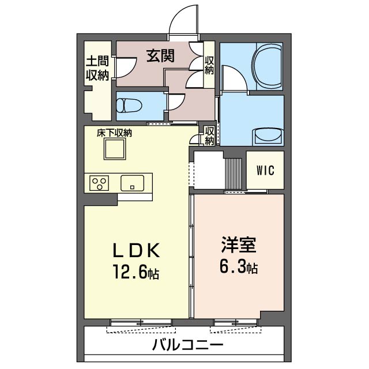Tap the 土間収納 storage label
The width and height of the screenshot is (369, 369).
[97, 67]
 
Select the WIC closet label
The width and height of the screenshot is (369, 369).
[265, 171]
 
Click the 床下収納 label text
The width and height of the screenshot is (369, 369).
[114, 133]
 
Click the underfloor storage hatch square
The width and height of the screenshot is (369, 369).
[114, 150]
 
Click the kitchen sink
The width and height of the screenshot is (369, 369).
[132, 183]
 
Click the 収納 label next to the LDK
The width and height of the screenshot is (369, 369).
[210, 136]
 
